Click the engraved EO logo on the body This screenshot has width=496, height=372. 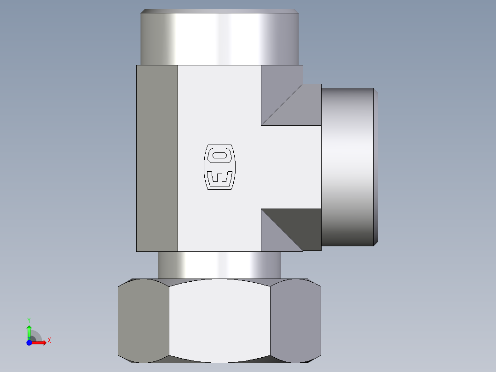[219, 167]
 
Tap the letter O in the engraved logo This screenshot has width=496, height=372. [219, 156]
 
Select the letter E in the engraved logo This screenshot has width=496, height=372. [219, 177]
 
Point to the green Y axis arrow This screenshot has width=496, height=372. [29, 332]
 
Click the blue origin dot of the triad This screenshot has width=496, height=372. [29, 343]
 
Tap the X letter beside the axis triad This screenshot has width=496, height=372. [49, 341]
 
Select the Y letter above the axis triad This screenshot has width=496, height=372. [29, 320]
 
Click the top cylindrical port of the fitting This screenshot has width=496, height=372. [219, 37]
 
